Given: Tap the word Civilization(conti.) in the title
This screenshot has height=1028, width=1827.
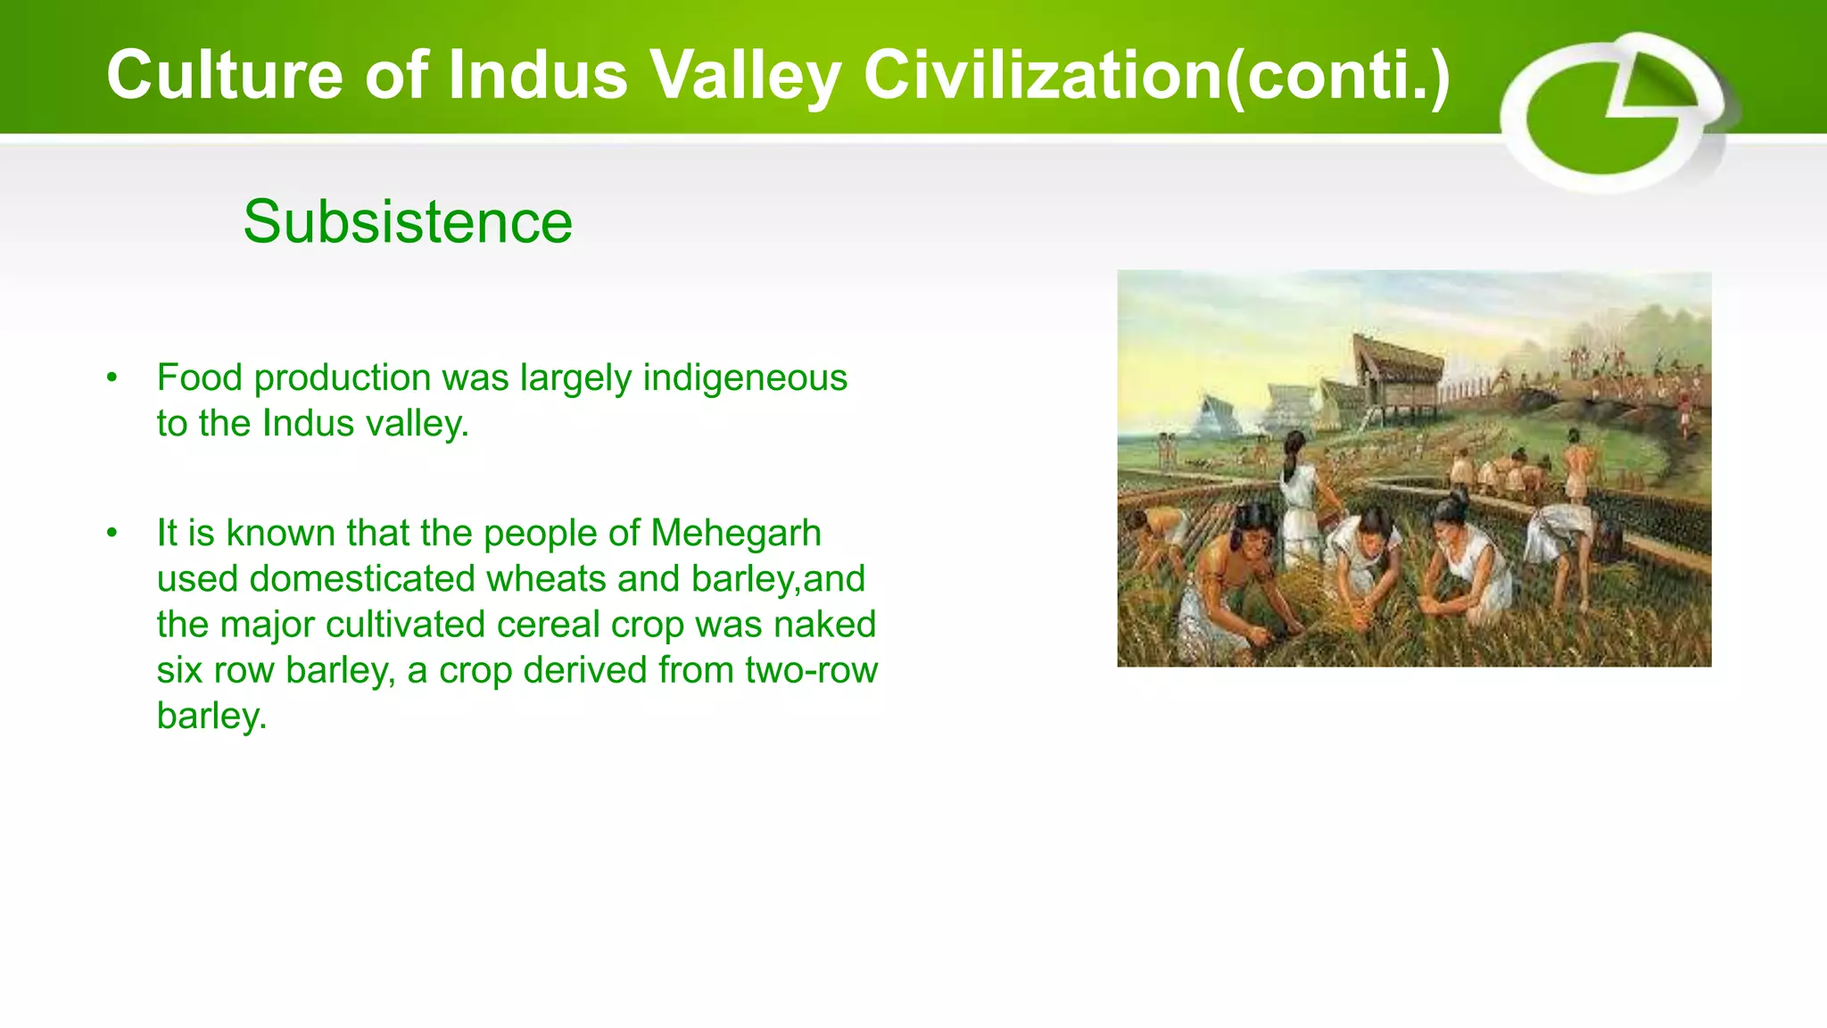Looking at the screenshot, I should [1156, 75].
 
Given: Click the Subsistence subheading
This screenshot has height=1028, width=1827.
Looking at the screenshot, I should [408, 221].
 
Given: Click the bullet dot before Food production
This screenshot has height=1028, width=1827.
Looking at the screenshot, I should [112, 377].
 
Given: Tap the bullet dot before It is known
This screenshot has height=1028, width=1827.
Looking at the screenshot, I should [112, 533].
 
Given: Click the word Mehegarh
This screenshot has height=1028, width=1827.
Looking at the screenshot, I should [735, 533].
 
